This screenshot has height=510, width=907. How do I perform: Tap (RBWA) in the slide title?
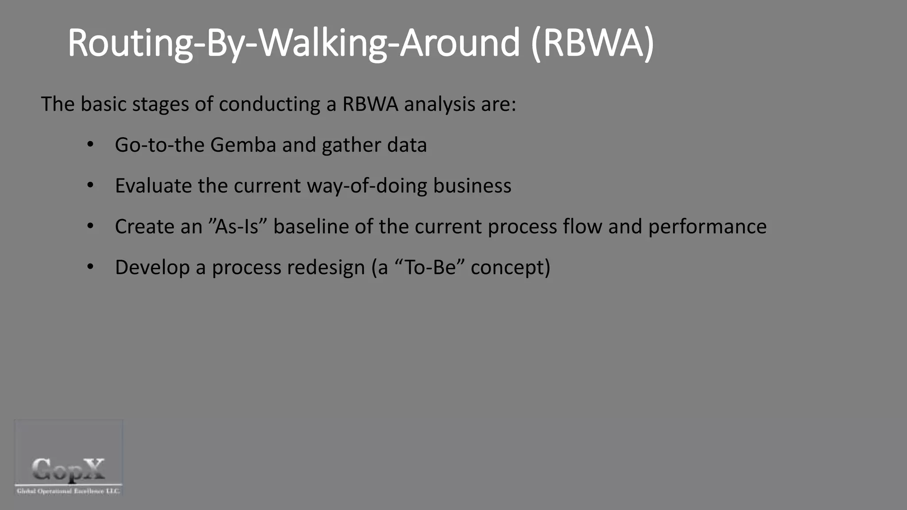(x=592, y=43)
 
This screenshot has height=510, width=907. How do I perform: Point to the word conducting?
(x=269, y=104)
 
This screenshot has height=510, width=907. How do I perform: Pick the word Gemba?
(x=243, y=145)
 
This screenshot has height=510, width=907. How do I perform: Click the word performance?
(x=707, y=227)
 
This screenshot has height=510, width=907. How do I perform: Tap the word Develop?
(x=152, y=268)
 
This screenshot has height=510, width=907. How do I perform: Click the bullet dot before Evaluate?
(x=90, y=185)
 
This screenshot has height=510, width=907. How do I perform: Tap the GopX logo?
(x=69, y=457)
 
